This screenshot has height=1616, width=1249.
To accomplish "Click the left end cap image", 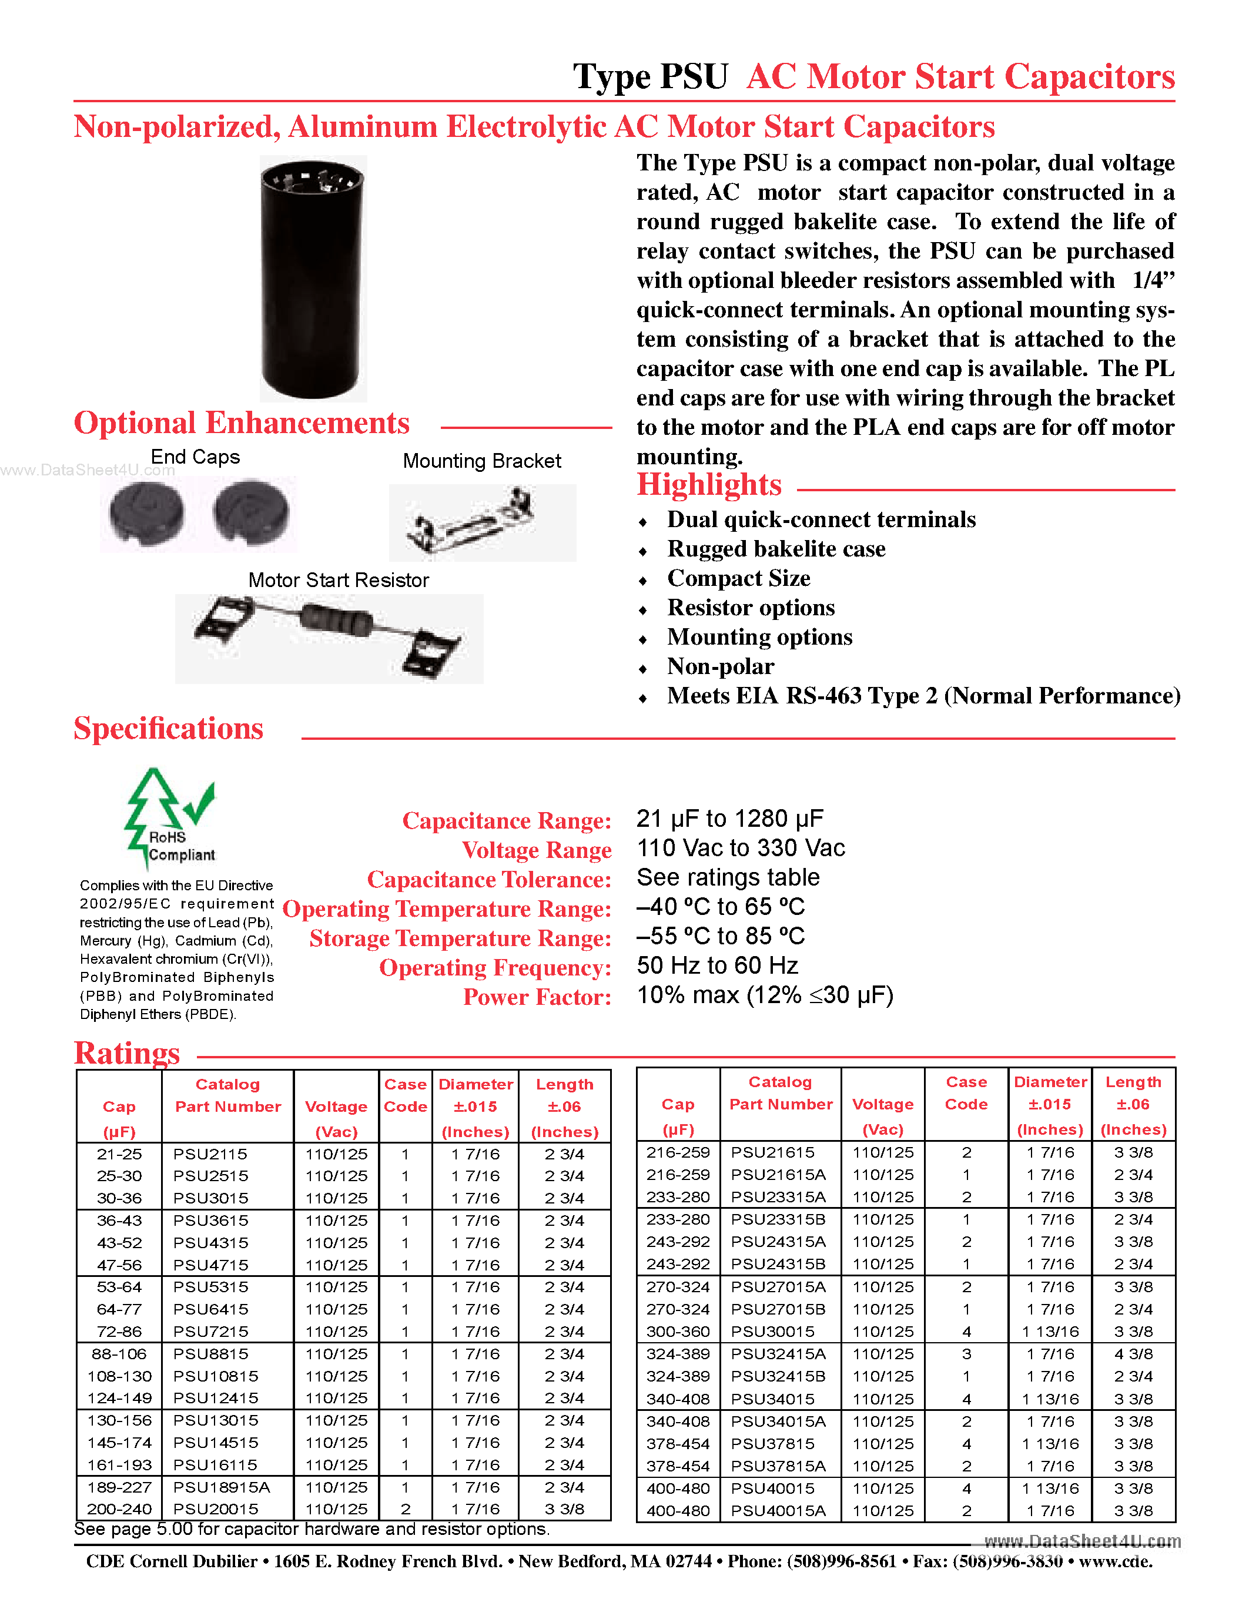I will [146, 513].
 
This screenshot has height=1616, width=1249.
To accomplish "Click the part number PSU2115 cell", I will [210, 1154].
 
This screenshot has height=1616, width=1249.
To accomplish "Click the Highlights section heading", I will [709, 485].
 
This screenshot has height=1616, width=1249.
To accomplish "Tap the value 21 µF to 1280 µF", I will [729, 819].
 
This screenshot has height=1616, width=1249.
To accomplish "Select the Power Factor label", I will [537, 997].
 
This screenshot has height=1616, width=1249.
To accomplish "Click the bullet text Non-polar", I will [720, 667].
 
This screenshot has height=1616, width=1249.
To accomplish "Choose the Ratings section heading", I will [128, 1053].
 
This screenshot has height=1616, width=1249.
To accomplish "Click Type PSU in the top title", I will [651, 77].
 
